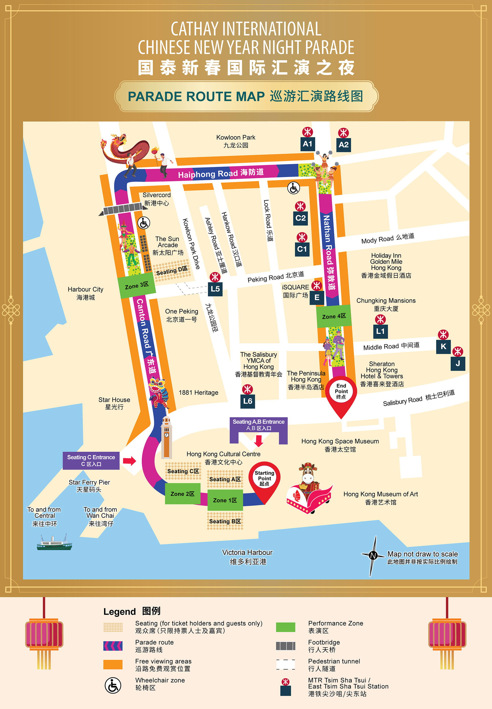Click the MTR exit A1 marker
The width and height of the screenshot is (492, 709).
307,144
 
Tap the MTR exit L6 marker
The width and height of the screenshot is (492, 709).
248,401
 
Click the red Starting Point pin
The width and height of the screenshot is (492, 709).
264,479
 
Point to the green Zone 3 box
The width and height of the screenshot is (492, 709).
137,285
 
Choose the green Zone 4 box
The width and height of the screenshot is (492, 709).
334,316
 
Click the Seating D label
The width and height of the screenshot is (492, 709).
172,271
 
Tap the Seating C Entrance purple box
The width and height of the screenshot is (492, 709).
91,460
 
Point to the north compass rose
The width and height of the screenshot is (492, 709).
373,556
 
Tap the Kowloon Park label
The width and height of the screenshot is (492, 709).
236,141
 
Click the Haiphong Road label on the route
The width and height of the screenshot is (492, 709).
221,173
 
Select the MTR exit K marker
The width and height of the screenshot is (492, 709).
443,346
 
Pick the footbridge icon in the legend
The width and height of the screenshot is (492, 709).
285,646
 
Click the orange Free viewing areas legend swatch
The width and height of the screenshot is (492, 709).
113,664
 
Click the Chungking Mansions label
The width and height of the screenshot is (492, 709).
386,304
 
